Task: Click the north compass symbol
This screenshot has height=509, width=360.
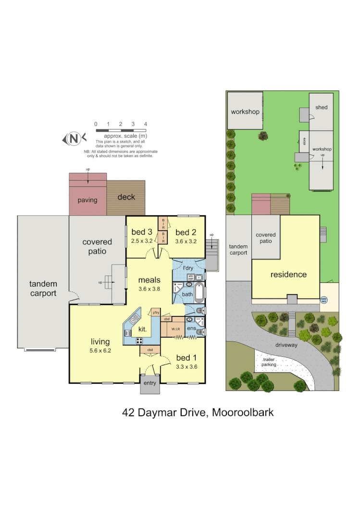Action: click(74, 139)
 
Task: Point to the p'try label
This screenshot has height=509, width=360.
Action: click(155, 313)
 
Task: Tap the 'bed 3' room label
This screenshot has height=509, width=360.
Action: click(142, 232)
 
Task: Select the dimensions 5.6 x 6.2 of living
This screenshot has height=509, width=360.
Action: click(100, 351)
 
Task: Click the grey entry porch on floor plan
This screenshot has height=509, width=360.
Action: click(149, 387)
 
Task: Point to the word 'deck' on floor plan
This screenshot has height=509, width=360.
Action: click(126, 197)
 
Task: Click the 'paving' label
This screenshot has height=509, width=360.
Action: click(87, 200)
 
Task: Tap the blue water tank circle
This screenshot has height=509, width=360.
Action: click(323, 299)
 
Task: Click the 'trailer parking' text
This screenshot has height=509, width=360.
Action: click(269, 362)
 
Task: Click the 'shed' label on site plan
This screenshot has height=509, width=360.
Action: click(322, 108)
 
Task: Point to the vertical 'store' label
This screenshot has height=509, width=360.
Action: click(304, 142)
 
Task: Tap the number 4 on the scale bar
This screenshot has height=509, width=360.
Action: click(146, 124)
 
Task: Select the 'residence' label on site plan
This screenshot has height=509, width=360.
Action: click(288, 275)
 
